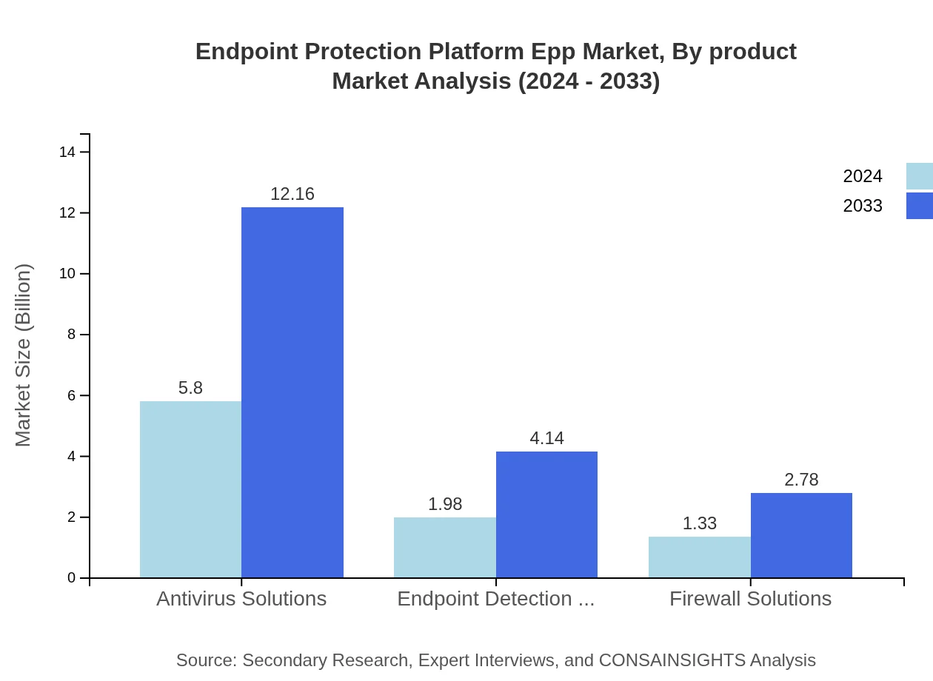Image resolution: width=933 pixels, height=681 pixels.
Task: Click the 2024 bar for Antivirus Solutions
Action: tap(190, 489)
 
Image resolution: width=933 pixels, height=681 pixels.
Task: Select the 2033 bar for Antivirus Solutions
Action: tap(292, 392)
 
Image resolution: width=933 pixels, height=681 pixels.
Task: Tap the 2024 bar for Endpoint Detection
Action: tap(444, 548)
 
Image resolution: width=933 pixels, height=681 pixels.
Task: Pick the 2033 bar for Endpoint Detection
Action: tap(546, 514)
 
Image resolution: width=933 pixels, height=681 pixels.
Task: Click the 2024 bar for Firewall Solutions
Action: tap(699, 557)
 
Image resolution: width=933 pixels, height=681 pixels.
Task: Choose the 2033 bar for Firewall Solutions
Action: tap(801, 535)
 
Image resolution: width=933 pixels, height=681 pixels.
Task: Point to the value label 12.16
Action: tap(292, 194)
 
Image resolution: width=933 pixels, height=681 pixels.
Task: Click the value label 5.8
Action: tap(190, 388)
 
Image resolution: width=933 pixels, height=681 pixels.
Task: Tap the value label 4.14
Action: tap(546, 438)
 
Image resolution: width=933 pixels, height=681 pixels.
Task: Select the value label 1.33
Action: tap(699, 523)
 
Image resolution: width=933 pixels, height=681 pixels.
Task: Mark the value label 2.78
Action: tap(801, 480)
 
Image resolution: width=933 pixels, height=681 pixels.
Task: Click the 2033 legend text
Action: tap(862, 206)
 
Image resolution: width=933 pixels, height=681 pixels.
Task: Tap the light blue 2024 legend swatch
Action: tap(919, 176)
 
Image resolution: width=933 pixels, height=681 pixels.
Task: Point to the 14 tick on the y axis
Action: tap(67, 152)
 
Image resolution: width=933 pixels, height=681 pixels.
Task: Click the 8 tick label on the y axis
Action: tap(72, 335)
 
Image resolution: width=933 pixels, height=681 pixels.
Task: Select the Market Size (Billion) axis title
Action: tap(23, 355)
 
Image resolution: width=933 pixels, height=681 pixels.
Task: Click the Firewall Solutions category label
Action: tap(750, 599)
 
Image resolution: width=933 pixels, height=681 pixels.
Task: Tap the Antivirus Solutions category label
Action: tap(241, 599)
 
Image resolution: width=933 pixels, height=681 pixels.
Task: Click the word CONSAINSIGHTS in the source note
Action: tap(672, 660)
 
